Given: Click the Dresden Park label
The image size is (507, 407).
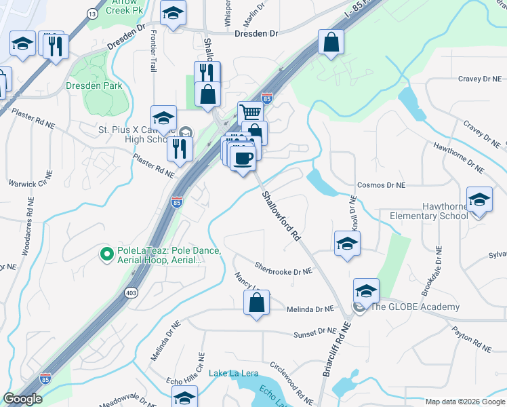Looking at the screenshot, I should (94, 85).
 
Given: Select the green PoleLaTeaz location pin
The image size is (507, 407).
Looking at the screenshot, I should (106, 254).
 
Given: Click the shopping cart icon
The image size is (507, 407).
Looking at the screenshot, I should (250, 113).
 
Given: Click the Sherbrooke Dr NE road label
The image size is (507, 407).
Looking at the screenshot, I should (283, 270).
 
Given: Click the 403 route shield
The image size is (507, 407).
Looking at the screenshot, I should (131, 292).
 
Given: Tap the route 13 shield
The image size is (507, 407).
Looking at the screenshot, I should (92, 14).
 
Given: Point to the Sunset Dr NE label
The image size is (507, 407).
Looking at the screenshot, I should (315, 332).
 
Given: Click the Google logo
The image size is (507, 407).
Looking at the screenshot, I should (23, 399).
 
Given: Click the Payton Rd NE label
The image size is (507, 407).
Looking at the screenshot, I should (471, 338).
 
